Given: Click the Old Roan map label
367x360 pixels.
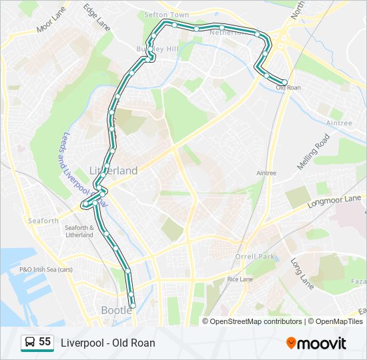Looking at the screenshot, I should coord(288,88).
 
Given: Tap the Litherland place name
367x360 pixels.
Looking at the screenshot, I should coord(113,171).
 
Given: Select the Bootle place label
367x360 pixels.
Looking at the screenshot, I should coord(116,310).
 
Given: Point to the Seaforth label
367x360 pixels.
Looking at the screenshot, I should coord(43,221).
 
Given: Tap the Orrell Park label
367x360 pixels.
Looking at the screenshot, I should coord(255,257).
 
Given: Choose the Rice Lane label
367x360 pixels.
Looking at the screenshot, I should coord(240,279).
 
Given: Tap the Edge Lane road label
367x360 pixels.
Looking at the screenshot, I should coord(97,17).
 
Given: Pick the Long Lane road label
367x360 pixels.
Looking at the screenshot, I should coord(302,274).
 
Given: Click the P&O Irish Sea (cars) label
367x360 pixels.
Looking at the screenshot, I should coord(45,269).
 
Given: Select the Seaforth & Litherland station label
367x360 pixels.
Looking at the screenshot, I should coord(79,231).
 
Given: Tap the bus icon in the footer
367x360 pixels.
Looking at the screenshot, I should coord(29,343).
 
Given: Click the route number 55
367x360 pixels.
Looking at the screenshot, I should coord(45,342).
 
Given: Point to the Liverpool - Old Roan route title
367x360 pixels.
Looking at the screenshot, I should coord(108,343).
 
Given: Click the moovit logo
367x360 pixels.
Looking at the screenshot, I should coord(316,343).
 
